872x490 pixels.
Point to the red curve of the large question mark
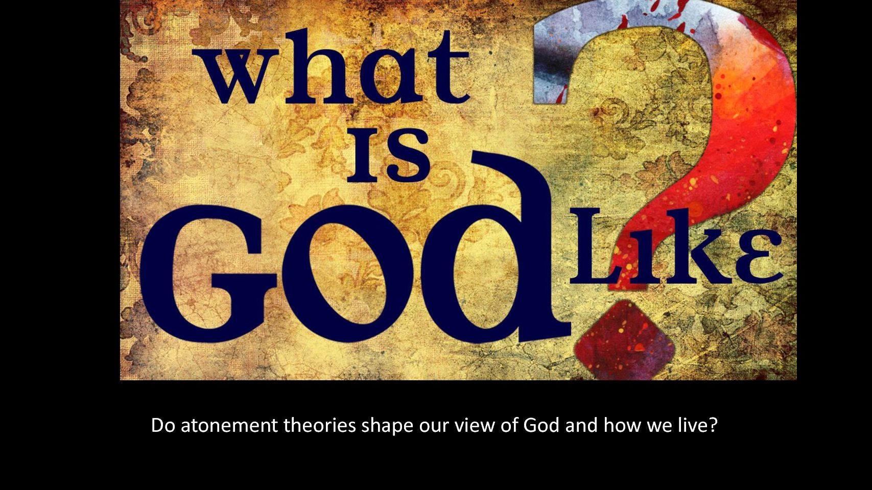point(751,128)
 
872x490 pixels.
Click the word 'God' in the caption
point(541,425)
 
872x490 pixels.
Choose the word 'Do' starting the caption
point(163,425)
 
